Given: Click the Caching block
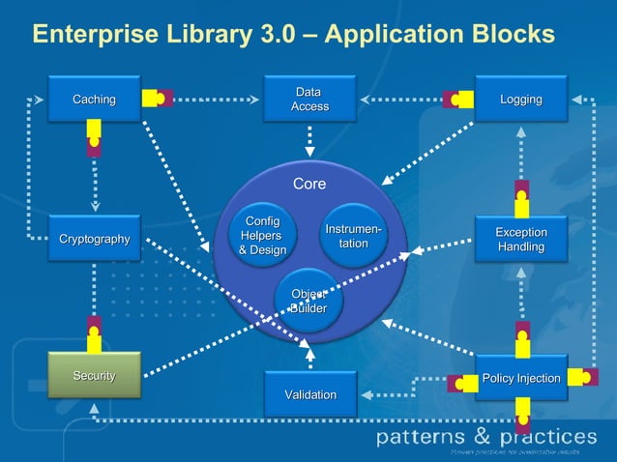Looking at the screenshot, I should tap(95, 100).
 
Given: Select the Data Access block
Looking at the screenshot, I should tap(309, 100).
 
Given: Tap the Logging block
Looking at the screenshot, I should tap(520, 100).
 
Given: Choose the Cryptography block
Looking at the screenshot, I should tap(95, 239).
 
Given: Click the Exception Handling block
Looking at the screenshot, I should tap(520, 240).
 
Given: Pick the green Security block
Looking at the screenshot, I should tap(95, 376).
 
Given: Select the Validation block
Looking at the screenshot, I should tap(309, 394).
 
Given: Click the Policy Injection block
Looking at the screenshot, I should tap(520, 378).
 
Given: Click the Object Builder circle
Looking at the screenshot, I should tap(308, 301).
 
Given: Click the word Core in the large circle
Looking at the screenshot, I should tap(309, 184).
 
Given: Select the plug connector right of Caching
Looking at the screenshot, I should tap(157, 99).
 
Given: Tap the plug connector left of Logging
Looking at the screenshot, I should tap(457, 99).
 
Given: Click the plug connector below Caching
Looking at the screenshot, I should tap(94, 139).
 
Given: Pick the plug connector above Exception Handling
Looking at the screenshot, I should tap(521, 197).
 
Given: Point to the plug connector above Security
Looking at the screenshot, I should tap(94, 333).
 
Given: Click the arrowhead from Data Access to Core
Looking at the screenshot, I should tap(309, 152).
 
